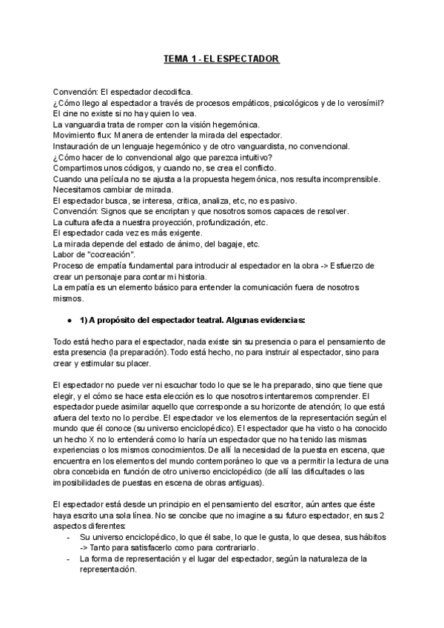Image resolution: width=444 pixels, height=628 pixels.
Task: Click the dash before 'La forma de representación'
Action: coord(69,559)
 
